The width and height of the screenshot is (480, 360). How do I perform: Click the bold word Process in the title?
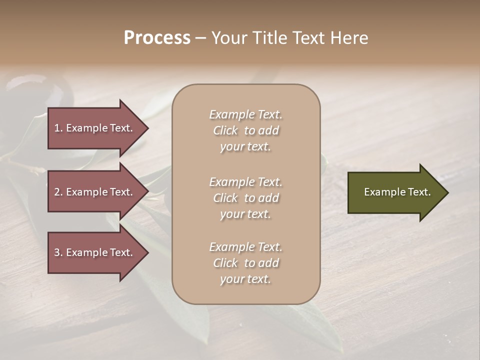[x=157, y=38]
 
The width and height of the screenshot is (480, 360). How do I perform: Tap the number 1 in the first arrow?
[x=57, y=128]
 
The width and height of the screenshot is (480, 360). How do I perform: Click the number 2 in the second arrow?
[x=57, y=192]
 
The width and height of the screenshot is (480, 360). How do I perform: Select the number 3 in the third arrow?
[x=57, y=252]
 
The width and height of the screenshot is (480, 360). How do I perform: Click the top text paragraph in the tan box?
[x=245, y=130]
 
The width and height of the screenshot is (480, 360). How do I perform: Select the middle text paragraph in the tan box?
[x=245, y=198]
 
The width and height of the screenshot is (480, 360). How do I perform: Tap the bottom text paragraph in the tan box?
[x=245, y=263]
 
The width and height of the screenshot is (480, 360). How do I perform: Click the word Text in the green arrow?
[x=418, y=192]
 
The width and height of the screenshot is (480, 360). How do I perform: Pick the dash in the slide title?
[x=200, y=38]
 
